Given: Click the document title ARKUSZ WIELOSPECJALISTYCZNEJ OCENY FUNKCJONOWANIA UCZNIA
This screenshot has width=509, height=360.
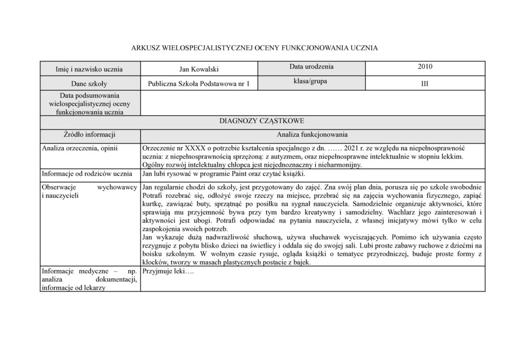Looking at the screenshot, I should click(254, 49).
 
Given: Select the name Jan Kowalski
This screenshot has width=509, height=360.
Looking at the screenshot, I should click(199, 69).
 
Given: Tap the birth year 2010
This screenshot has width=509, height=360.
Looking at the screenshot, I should click(425, 67).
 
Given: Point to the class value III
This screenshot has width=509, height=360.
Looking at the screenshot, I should click(425, 83).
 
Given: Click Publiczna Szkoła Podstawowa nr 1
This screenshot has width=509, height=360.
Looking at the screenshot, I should click(199, 84).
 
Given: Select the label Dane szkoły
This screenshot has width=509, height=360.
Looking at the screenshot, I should click(89, 84).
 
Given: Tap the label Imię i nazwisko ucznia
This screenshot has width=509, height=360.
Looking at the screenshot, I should click(89, 69).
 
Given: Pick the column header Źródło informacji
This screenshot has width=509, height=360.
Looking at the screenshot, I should click(89, 135).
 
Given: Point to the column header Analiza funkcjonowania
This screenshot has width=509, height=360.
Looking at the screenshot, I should click(312, 135).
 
